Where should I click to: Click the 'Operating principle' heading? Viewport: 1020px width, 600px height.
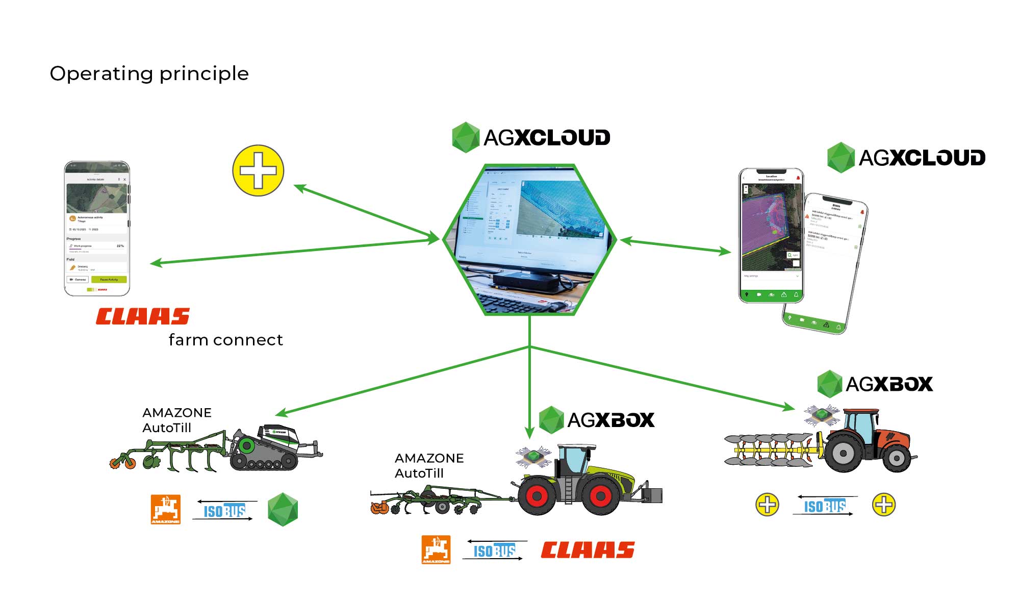click(x=149, y=73)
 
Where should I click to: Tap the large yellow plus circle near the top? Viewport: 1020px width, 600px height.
click(x=258, y=170)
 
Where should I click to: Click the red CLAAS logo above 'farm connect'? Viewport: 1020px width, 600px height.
click(x=143, y=316)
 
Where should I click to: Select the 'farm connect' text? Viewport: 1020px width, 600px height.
click(x=225, y=340)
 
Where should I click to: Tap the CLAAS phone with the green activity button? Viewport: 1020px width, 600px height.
click(x=97, y=229)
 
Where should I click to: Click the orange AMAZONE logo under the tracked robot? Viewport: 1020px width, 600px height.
click(x=166, y=509)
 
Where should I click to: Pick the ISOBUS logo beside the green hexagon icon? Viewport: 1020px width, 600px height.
click(x=224, y=510)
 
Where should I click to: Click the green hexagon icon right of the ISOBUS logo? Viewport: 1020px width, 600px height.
click(x=283, y=509)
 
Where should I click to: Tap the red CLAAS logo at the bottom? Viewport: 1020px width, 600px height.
click(x=588, y=550)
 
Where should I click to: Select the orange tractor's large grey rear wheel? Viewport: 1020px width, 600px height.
click(x=843, y=453)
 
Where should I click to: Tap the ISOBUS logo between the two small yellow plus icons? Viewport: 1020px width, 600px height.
click(x=825, y=506)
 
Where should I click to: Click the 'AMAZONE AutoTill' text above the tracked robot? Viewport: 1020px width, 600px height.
click(x=176, y=420)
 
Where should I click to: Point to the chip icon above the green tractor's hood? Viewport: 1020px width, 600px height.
click(x=533, y=456)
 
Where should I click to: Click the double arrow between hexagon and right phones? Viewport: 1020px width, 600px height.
click(x=676, y=246)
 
